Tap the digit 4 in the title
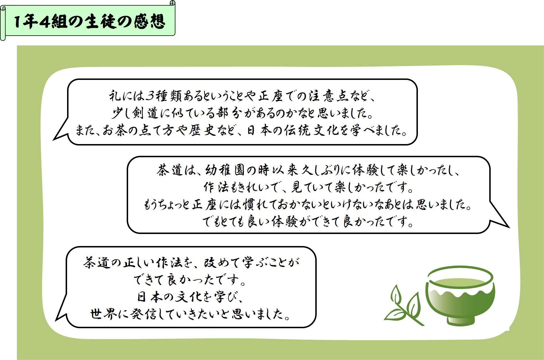click(45, 21)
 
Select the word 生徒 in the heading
click(100, 21)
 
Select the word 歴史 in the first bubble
click(202, 131)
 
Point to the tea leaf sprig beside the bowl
click(404, 305)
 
